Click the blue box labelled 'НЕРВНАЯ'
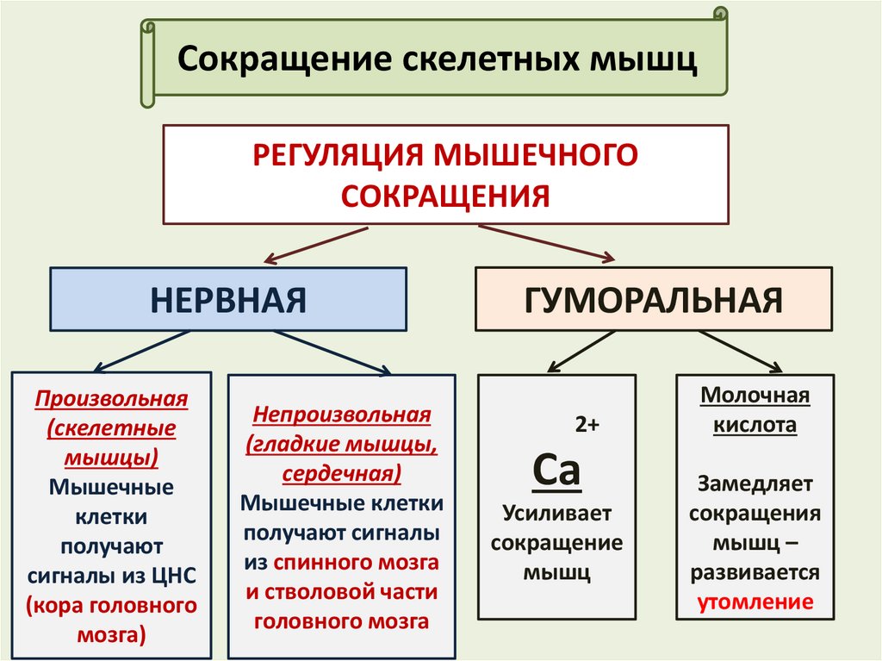point(229,299)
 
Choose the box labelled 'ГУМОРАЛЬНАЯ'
point(654,299)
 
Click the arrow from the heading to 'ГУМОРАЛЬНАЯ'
point(547,242)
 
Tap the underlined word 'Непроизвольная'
point(341,415)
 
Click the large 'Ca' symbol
point(556,471)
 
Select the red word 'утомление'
point(755,602)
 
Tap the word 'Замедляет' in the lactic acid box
point(755,484)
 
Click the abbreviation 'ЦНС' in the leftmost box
point(177,576)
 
